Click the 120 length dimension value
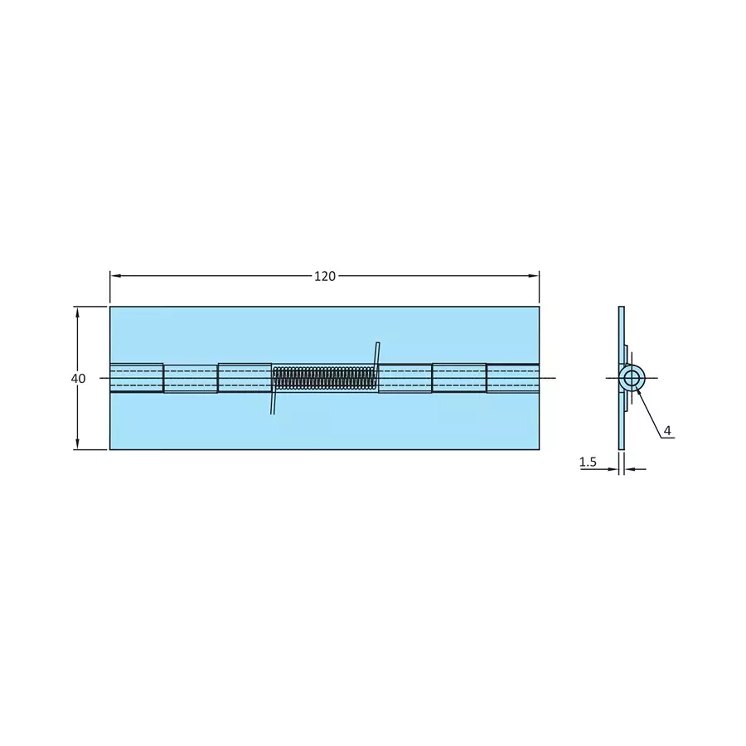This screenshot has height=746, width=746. pyautogui.click(x=325, y=276)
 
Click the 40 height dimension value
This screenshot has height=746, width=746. pyautogui.click(x=78, y=378)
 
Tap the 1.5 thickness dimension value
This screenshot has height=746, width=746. pyautogui.click(x=589, y=463)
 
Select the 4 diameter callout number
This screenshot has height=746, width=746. pyautogui.click(x=667, y=431)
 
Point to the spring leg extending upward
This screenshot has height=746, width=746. pyautogui.click(x=376, y=355)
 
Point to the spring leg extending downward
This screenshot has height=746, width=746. pyautogui.click(x=272, y=402)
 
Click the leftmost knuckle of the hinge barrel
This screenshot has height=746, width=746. pyautogui.click(x=137, y=377)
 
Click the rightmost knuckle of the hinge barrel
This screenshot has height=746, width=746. pyautogui.click(x=512, y=378)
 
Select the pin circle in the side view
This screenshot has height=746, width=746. pyautogui.click(x=632, y=379)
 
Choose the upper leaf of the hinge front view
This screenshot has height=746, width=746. pyautogui.click(x=323, y=333)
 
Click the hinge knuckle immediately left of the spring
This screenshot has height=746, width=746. pyautogui.click(x=245, y=377)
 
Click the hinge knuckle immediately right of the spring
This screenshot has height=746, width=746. pyautogui.click(x=404, y=378)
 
